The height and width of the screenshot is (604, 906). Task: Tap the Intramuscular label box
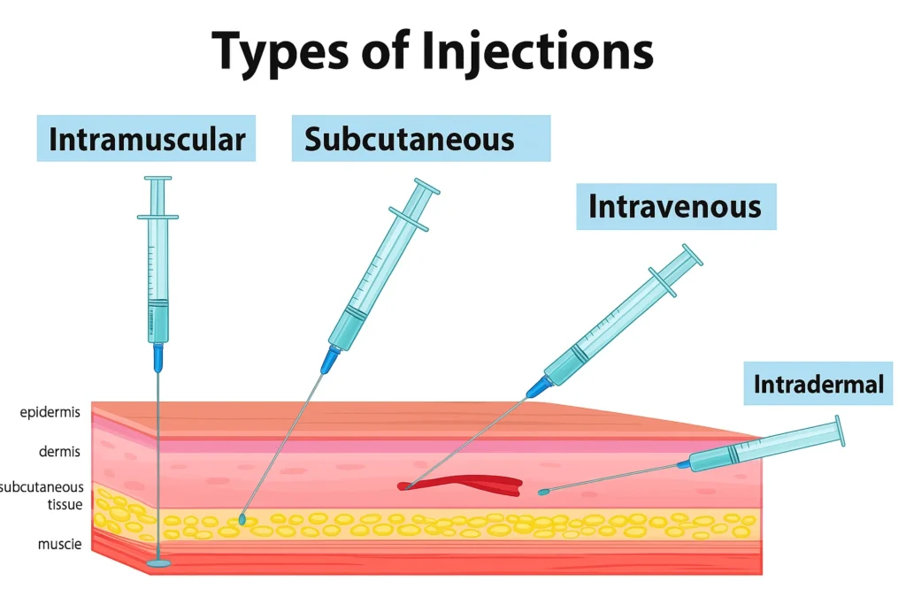click(146, 139)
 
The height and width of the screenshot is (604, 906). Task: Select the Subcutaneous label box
click(420, 139)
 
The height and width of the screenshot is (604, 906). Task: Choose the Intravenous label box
click(675, 206)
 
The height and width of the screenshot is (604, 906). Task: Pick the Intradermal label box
click(818, 384)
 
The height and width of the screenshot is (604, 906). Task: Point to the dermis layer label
click(59, 452)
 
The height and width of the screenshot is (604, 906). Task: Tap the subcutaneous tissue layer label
click(44, 495)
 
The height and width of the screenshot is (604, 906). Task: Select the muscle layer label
click(59, 544)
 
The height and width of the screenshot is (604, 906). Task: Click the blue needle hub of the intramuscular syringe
click(158, 357)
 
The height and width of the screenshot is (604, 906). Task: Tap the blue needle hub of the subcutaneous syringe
click(329, 358)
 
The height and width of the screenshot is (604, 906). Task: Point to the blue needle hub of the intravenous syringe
click(538, 386)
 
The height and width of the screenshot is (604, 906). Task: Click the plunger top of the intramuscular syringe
click(157, 179)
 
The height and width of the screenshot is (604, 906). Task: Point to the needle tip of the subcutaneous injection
click(242, 520)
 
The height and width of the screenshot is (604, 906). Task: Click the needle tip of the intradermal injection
click(542, 491)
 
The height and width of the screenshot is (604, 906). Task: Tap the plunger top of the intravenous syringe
click(692, 255)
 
